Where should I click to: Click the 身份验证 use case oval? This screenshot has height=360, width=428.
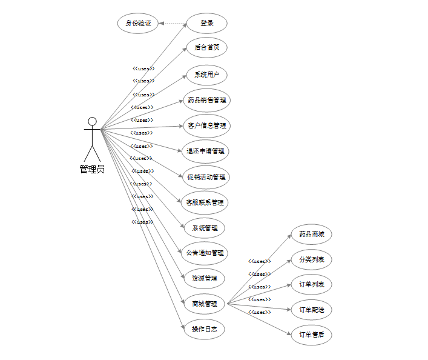137,24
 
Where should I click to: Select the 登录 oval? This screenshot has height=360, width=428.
206,24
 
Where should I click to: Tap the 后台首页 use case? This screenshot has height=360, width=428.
206,47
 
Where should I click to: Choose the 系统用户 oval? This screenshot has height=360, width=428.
206,75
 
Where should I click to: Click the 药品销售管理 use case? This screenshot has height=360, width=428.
206,100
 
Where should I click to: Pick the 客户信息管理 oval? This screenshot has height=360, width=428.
206,125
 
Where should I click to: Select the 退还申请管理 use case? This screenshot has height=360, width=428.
206,151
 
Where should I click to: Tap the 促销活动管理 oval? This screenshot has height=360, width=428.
206,177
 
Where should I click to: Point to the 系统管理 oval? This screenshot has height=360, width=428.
205,228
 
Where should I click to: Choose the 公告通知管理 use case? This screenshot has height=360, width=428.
205,253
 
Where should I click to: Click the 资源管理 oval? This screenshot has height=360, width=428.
205,278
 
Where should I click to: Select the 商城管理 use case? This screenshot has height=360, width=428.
205,304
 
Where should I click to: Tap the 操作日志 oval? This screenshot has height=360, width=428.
205,329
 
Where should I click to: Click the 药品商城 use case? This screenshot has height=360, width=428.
311,234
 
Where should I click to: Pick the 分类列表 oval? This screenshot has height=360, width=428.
311,259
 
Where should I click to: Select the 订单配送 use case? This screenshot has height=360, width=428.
311,310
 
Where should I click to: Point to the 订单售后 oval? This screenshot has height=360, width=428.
311,334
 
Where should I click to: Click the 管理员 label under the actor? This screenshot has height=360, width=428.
92,169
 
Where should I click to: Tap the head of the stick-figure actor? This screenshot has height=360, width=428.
92,121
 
